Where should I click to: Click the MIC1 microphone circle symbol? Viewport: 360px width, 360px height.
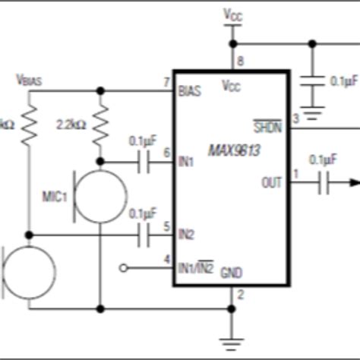click(x=101, y=197)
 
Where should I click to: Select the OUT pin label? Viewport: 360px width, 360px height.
click(x=270, y=182)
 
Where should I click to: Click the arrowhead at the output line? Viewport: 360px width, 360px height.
click(x=353, y=182)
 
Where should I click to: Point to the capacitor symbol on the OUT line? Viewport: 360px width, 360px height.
click(x=324, y=182)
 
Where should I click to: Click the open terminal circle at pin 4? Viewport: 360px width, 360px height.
click(x=125, y=267)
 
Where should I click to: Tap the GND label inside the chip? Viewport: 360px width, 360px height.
click(x=231, y=273)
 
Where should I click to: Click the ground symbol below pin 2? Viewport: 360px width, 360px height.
click(x=232, y=340)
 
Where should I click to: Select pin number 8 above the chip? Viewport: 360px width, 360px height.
click(x=242, y=62)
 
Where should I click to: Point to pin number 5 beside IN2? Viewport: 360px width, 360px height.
click(x=166, y=226)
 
